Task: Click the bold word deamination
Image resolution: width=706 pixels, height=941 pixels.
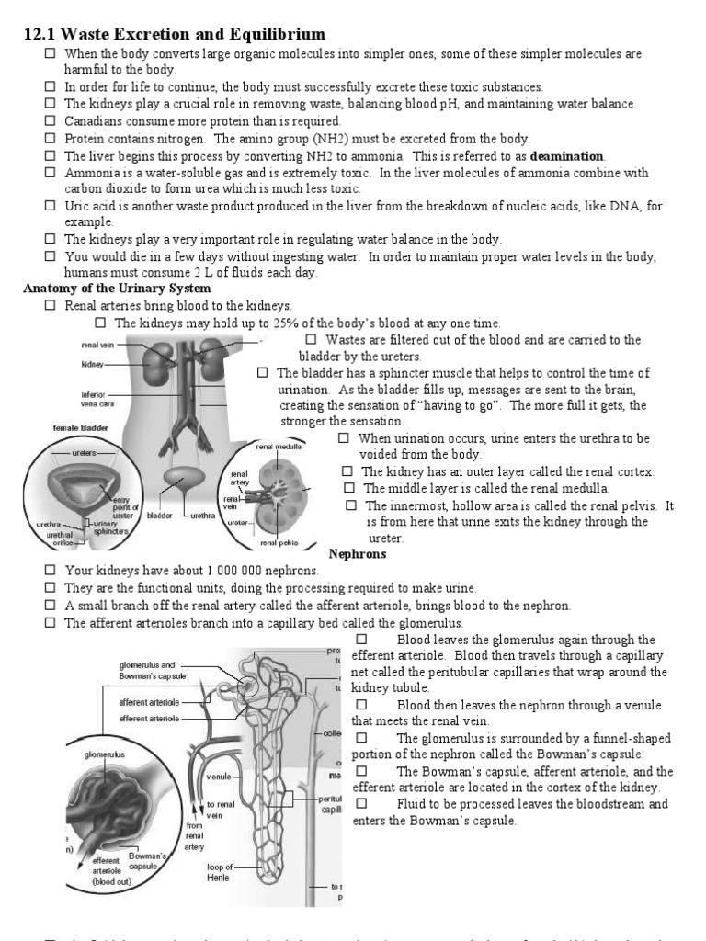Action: click(x=567, y=156)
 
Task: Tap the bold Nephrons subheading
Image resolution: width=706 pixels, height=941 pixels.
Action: click(x=358, y=554)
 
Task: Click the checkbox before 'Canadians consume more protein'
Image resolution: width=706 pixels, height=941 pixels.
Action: click(x=51, y=121)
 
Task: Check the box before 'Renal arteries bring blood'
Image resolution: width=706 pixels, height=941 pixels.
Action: click(x=51, y=305)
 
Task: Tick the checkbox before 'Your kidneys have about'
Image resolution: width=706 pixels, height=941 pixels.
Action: click(x=51, y=571)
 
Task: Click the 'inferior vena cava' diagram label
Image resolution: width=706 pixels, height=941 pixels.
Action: click(x=98, y=400)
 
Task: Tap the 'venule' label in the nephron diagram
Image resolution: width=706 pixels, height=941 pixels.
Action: click(x=218, y=777)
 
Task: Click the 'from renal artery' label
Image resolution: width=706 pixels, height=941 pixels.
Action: click(x=195, y=836)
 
